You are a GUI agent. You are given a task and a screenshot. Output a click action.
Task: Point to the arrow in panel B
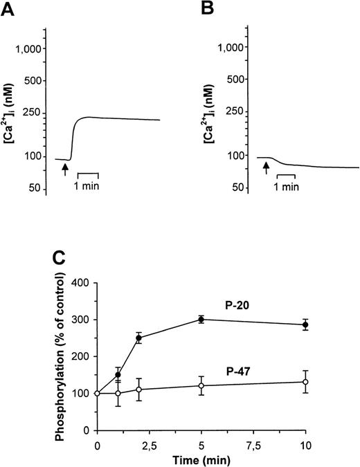[x=266, y=168]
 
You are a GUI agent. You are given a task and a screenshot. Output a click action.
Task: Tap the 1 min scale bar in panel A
[x=88, y=173]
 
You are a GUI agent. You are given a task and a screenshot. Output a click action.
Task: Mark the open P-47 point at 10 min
[x=304, y=382]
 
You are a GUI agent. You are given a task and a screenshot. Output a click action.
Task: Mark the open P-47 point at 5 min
[x=201, y=385]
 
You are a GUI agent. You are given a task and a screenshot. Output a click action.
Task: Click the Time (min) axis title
[x=200, y=457]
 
